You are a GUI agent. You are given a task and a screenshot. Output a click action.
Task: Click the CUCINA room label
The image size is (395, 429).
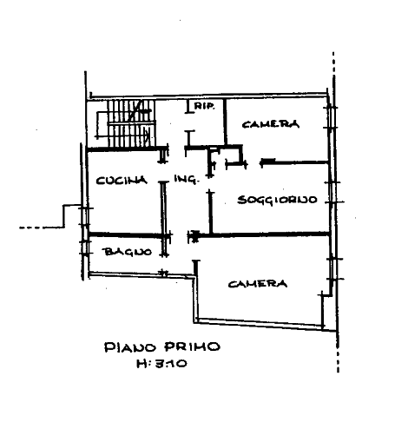(x=122, y=181)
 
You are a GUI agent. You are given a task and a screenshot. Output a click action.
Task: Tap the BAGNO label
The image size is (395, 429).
(x=128, y=252)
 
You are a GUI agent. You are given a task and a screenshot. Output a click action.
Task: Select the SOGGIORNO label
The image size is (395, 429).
(x=277, y=200)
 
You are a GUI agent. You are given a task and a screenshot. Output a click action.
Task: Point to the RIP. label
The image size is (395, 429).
(x=205, y=106)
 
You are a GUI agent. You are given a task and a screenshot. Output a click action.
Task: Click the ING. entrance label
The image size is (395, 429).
(x=187, y=179)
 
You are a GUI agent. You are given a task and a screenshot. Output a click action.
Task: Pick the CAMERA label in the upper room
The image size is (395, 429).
(x=271, y=124)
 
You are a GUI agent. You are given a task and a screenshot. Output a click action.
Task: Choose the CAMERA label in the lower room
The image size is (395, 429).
(x=258, y=284)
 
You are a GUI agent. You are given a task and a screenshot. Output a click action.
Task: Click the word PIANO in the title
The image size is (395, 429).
(x=130, y=347)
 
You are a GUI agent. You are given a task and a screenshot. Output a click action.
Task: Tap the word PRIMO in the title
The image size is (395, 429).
(x=192, y=346)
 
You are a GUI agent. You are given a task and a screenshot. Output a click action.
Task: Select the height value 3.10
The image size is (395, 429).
(x=171, y=364)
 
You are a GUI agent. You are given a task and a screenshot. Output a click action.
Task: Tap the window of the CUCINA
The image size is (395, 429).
(x=85, y=216)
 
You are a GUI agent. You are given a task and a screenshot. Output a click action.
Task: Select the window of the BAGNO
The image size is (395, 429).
(x=85, y=247)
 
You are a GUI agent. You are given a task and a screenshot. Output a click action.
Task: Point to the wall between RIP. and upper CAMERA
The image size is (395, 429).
(x=226, y=122)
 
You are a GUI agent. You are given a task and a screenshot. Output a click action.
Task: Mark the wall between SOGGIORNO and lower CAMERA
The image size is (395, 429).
(x=263, y=234)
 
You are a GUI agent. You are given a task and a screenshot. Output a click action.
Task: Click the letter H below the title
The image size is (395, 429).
(x=142, y=364)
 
